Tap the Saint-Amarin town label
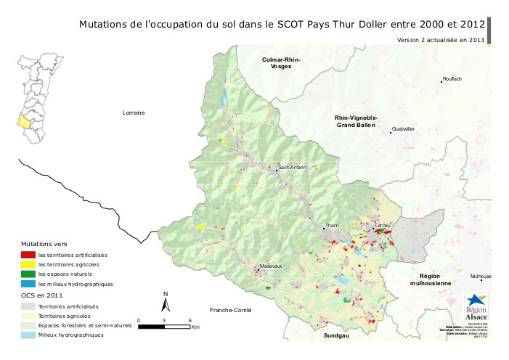click(x=293, y=168)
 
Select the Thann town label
click(x=333, y=226)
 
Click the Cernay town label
click(x=383, y=226)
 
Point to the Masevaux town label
click(x=271, y=266)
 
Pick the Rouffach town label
click(x=452, y=78)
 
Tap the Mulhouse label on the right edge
click(x=481, y=277)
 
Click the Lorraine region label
click(x=134, y=112)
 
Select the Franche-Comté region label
click(x=230, y=310)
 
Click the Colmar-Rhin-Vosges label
click(x=281, y=62)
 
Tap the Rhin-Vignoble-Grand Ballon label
click(x=355, y=121)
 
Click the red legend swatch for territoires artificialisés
click(x=28, y=255)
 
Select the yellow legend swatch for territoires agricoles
click(x=28, y=265)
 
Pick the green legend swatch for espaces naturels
click(x=28, y=274)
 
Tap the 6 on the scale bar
click(x=190, y=320)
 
